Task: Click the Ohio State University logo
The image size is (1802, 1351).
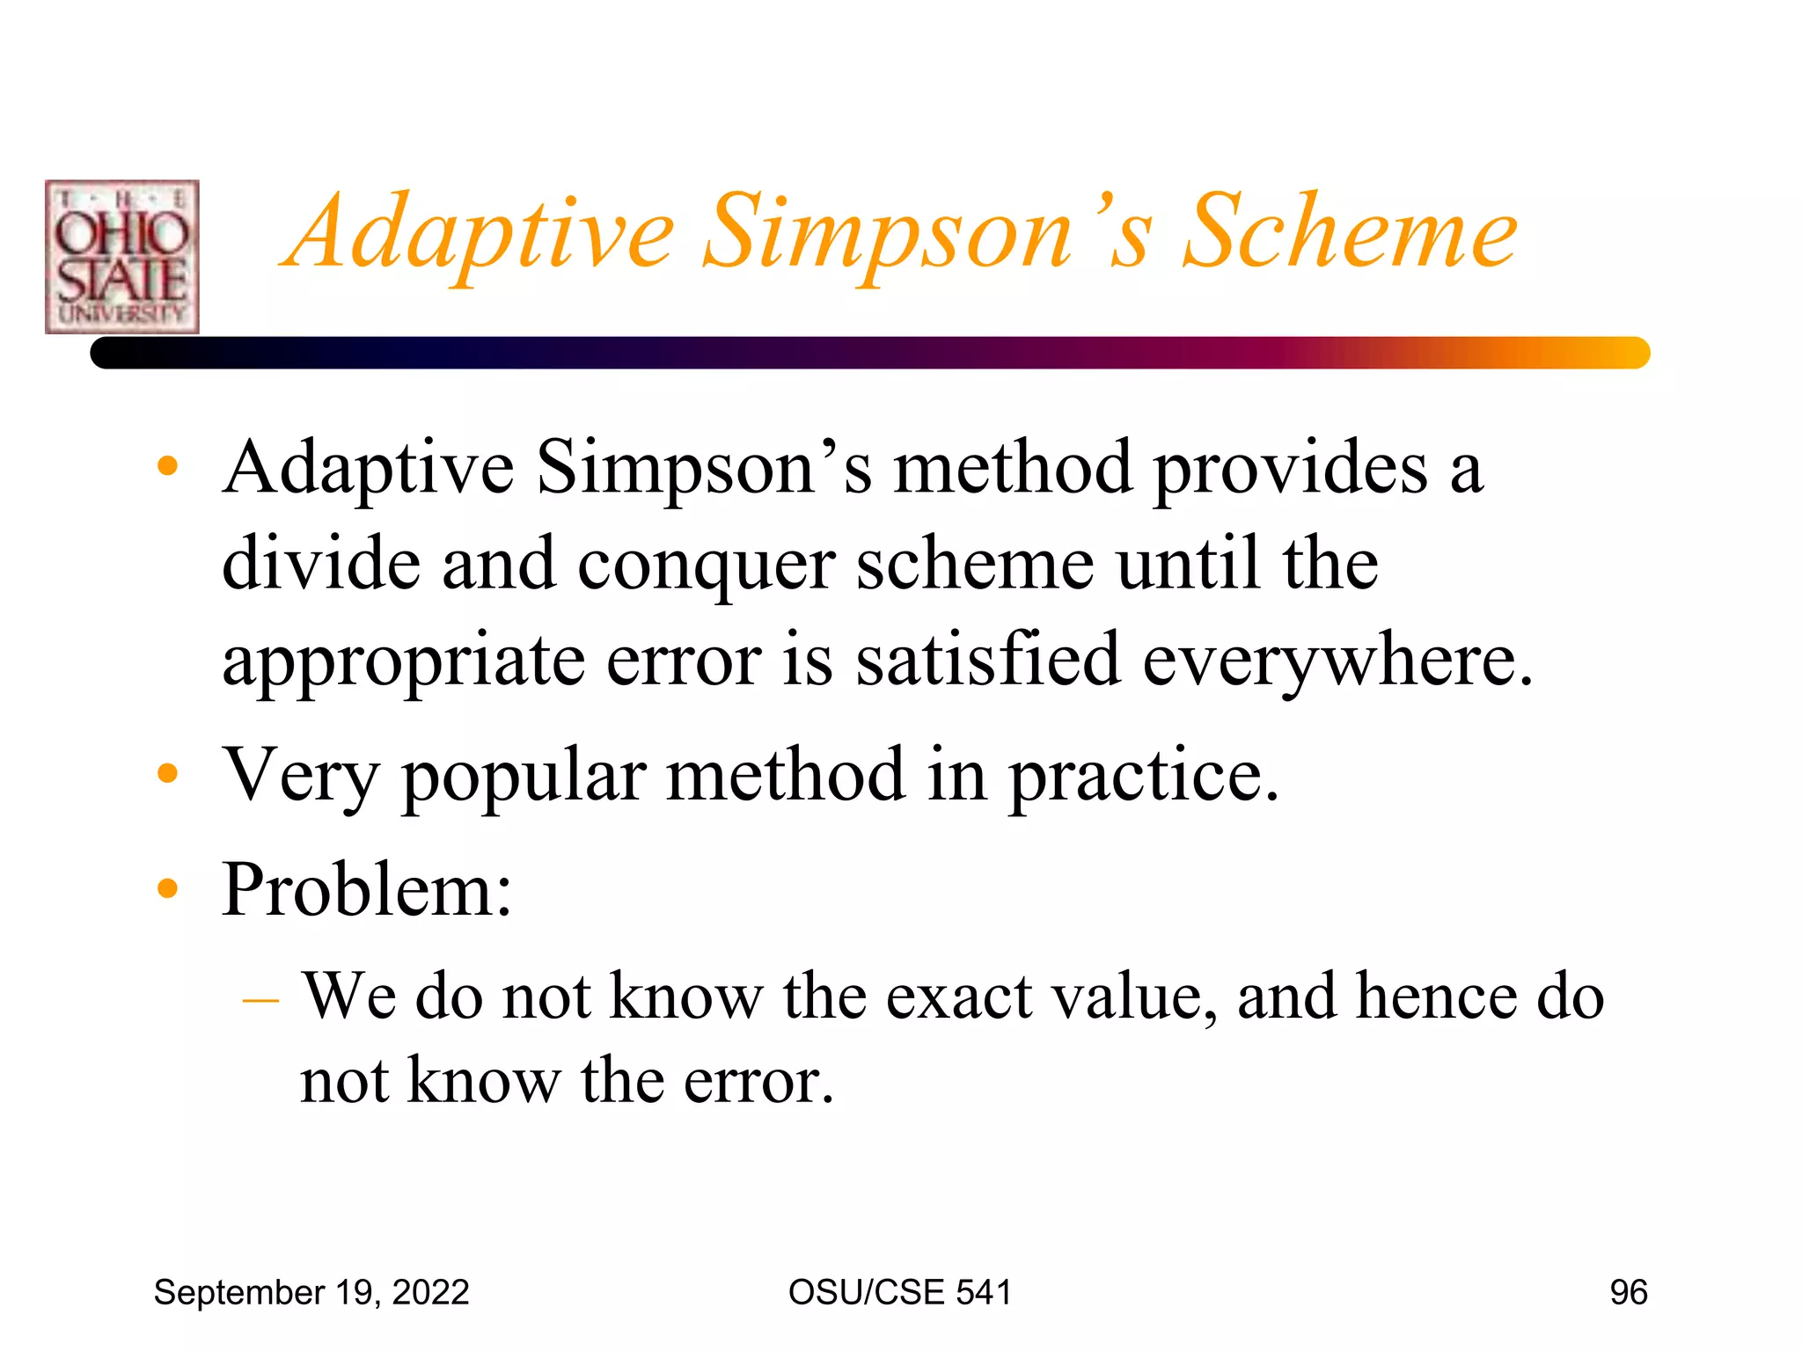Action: pos(122,257)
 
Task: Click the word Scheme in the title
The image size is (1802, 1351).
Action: pos(1350,232)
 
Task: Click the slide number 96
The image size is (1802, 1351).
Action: pos(1628,1292)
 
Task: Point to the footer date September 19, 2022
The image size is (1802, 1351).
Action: pos(311,1292)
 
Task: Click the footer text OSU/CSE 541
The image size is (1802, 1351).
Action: pos(900,1292)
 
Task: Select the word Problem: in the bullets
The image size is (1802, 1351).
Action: pos(367,889)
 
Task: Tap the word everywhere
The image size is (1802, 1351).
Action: pos(1337,661)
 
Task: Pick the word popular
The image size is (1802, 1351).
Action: pos(524,777)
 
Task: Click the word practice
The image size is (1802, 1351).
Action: pos(1143,777)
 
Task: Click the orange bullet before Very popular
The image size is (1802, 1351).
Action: pos(167,773)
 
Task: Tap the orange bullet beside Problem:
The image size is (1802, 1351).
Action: pos(167,888)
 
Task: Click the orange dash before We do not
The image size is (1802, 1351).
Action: pos(260,1000)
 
